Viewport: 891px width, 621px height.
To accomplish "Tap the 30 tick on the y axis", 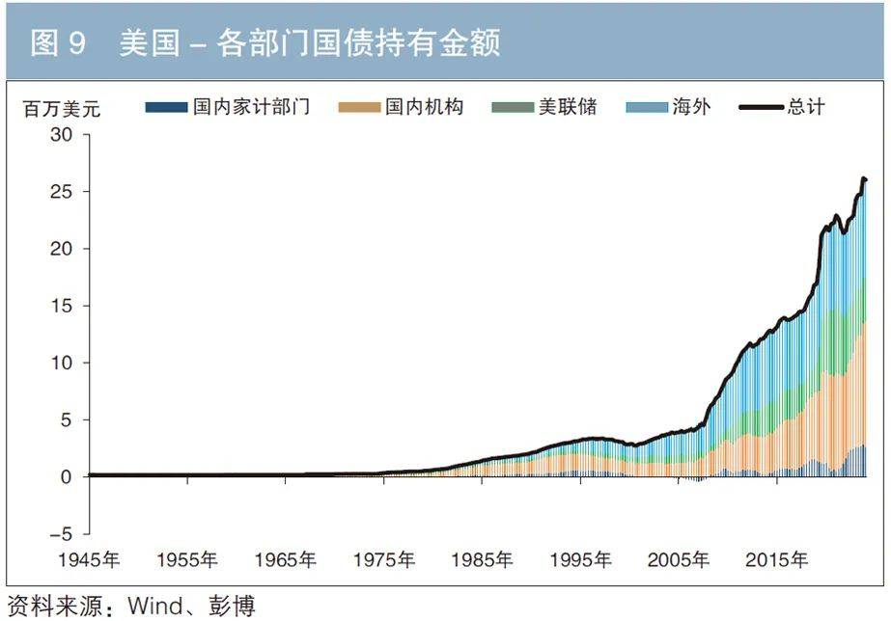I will [62, 135].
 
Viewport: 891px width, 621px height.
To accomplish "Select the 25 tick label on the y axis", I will [62, 192].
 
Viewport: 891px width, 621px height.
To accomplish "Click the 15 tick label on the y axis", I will [62, 306].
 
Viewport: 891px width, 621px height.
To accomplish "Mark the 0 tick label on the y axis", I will [68, 476].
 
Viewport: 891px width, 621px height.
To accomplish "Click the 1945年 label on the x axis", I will [89, 559].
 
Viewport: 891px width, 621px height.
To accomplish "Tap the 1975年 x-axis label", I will [384, 559].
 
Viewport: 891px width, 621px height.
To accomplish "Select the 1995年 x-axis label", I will [581, 559].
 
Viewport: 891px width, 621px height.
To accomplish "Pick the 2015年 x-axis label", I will [778, 559].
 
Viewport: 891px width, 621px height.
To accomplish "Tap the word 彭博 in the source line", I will [235, 607].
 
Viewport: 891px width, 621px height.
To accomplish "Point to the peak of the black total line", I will [863, 177].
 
